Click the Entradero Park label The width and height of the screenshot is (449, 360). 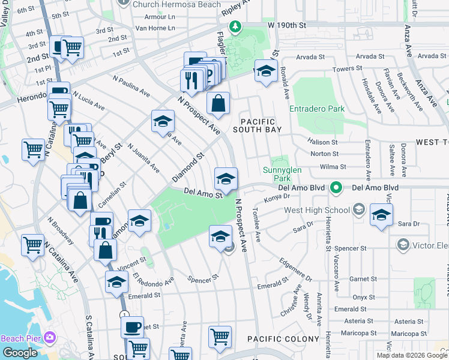tap(317, 109)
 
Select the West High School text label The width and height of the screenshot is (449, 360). tap(316, 210)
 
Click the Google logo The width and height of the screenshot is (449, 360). tap(19, 353)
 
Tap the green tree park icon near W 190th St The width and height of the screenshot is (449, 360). tap(235, 26)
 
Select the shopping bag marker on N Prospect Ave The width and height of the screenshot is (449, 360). tap(218, 103)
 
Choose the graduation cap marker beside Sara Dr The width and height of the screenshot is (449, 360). tap(381, 215)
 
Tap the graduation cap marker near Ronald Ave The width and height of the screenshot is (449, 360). tap(265, 71)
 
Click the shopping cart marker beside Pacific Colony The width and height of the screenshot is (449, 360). tap(220, 337)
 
